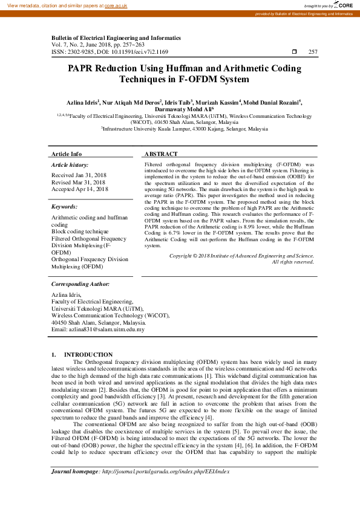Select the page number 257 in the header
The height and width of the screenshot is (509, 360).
point(313,53)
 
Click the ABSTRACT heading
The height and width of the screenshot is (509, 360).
point(161,154)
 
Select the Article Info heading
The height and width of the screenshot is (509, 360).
point(67,154)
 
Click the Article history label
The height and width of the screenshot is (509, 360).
point(70,164)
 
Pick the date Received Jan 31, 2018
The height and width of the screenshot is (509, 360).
point(79,175)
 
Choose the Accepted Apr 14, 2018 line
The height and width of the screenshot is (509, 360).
point(80,189)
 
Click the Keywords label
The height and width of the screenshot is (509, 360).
point(64,207)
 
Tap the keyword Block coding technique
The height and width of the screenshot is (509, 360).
point(80,232)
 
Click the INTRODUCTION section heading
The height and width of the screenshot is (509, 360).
point(88,354)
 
